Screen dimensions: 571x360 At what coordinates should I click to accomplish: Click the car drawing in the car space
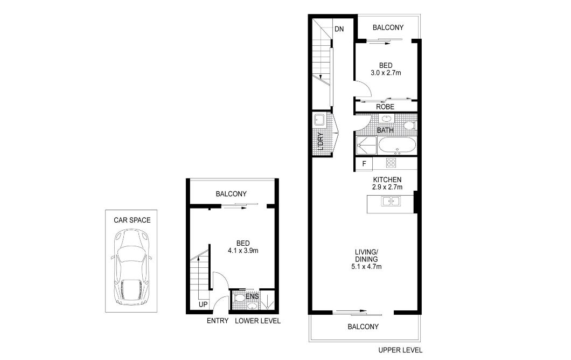click(x=131, y=267)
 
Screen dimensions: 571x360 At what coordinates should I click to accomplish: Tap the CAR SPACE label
click(x=132, y=220)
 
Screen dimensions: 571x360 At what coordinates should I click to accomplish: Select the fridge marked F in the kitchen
click(x=364, y=164)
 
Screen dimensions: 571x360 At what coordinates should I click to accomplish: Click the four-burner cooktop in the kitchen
click(x=391, y=163)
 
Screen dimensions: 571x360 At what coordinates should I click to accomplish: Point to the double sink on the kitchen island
click(x=391, y=201)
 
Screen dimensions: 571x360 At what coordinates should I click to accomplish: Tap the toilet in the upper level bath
click(x=410, y=126)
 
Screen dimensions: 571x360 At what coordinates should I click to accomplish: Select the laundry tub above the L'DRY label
click(x=319, y=120)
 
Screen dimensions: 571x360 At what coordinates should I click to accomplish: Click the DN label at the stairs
click(x=339, y=29)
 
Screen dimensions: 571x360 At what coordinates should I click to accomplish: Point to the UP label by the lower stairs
click(x=203, y=304)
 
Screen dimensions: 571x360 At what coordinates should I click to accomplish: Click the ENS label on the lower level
click(x=252, y=296)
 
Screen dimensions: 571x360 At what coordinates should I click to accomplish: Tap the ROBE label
click(x=385, y=107)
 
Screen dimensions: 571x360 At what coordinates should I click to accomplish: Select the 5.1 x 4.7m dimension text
click(x=366, y=266)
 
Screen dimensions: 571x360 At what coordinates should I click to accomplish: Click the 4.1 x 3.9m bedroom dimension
click(x=243, y=250)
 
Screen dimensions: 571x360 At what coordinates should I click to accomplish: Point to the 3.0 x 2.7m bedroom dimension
click(x=386, y=73)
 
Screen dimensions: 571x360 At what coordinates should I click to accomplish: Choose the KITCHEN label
click(x=387, y=179)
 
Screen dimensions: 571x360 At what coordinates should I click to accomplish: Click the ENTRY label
click(x=218, y=321)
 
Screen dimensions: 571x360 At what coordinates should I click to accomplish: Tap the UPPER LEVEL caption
click(x=400, y=350)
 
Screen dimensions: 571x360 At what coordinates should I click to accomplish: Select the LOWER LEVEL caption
click(x=257, y=321)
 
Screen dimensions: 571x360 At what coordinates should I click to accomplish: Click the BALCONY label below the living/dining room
click(x=363, y=327)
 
